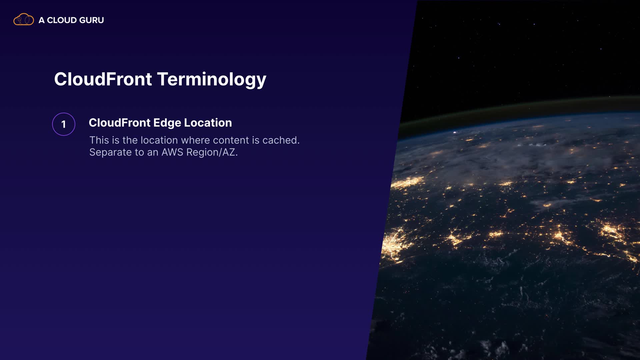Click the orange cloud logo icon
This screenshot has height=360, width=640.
[23, 20]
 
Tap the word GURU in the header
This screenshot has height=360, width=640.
[92, 20]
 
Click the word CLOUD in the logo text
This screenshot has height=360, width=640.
[62, 20]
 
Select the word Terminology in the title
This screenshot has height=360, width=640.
[212, 80]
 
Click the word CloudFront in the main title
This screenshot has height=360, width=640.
[103, 79]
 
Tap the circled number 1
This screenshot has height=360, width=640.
[64, 124]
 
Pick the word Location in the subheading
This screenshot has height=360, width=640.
[208, 123]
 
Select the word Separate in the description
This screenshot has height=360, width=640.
[110, 152]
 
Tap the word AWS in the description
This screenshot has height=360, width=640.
[172, 152]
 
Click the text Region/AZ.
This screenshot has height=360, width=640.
[212, 152]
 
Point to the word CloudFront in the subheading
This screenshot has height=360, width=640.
[120, 123]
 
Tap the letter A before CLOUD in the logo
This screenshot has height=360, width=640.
[42, 20]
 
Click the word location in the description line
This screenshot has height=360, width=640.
[159, 140]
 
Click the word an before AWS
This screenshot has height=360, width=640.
[153, 153]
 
